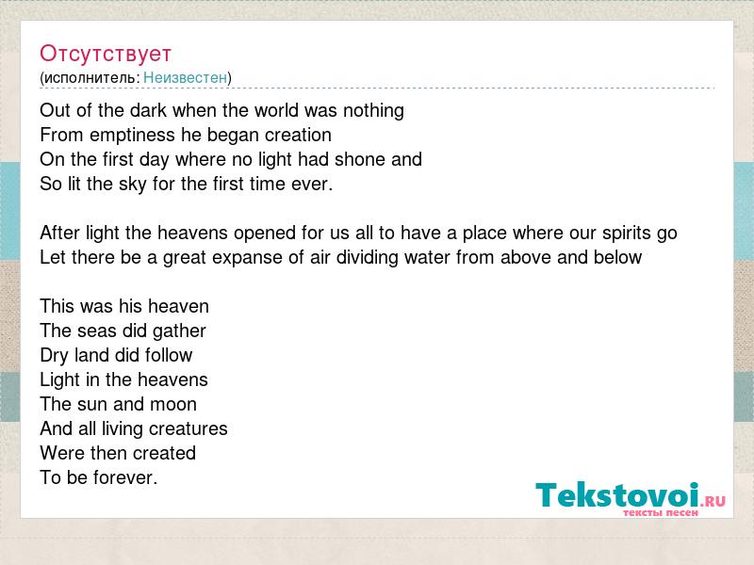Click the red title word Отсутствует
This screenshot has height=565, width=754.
(106, 54)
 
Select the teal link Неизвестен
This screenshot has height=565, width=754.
(185, 77)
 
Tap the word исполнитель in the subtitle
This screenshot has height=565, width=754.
(90, 77)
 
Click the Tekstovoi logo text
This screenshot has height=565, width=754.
(617, 495)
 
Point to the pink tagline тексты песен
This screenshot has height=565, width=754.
(661, 512)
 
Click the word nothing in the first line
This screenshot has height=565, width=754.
(373, 111)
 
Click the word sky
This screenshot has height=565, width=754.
(132, 185)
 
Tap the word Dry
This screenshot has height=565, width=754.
(55, 356)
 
